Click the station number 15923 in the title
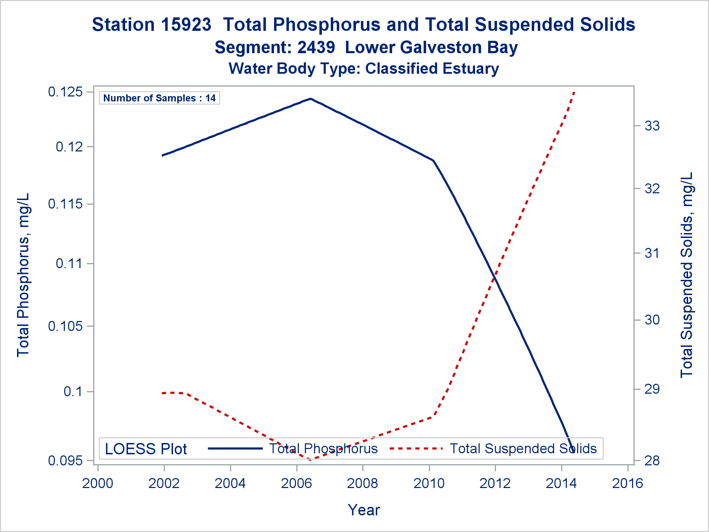point(186,25)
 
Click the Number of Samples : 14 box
point(159,98)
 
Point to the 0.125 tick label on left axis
point(65,92)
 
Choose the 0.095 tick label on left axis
point(65,461)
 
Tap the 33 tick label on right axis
point(652,126)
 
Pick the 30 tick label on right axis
point(652,320)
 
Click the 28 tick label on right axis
point(652,461)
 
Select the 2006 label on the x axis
point(296,483)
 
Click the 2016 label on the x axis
point(627,483)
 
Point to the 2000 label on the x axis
point(98,483)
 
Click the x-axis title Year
point(364,510)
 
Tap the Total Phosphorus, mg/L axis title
point(23,275)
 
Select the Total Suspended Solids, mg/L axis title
point(686,275)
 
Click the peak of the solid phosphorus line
point(311,99)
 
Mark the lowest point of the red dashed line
point(311,460)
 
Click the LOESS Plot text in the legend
point(146,449)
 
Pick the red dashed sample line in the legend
point(416,449)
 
